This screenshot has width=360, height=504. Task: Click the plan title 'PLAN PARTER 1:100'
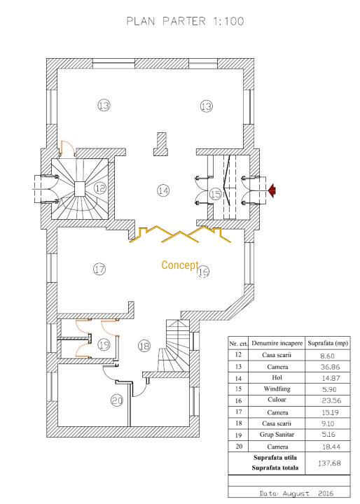click(x=186, y=21)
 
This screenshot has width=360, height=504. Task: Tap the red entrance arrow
click(x=272, y=190)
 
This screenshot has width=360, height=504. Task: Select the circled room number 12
click(x=101, y=188)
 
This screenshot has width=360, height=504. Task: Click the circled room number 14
click(x=163, y=190)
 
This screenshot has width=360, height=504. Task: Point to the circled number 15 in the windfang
click(x=215, y=194)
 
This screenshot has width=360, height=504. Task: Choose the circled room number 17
click(x=99, y=269)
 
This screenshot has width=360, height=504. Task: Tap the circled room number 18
click(x=144, y=346)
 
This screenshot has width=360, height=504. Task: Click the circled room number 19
click(x=104, y=345)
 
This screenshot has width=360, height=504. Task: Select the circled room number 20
click(x=117, y=400)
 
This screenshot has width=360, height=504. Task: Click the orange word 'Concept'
click(x=180, y=265)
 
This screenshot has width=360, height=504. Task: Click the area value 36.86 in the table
click(x=331, y=367)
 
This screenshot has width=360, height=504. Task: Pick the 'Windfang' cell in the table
click(x=277, y=388)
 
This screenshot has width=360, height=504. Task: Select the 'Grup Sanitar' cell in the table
click(x=277, y=435)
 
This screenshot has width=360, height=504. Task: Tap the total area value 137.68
click(x=329, y=463)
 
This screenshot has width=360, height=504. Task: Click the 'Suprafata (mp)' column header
click(x=328, y=343)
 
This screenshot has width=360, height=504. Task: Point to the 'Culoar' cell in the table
click(x=277, y=400)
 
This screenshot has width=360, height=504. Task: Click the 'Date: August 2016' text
click(x=296, y=493)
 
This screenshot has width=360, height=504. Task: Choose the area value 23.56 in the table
click(x=331, y=400)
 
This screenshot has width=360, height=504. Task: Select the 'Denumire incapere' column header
click(x=277, y=343)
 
